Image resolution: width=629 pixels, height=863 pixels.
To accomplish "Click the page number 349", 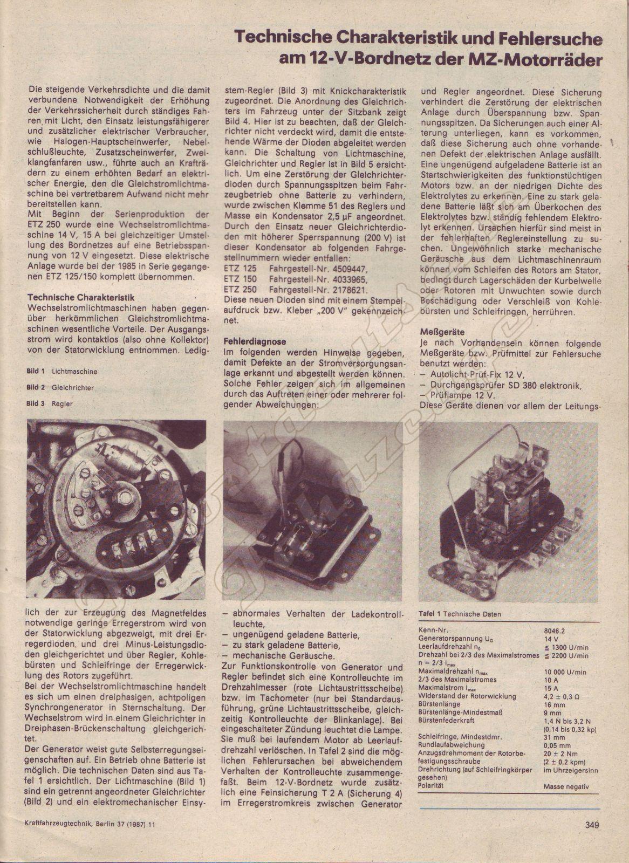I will coord(592,824).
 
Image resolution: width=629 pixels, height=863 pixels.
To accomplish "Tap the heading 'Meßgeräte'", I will coord(442,333).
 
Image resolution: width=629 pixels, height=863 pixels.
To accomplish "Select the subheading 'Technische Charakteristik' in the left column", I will coord(81,297).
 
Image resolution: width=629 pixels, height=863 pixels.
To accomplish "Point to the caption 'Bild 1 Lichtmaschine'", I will coord(62,372).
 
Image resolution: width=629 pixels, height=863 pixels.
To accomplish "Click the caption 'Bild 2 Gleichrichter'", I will coord(60,387).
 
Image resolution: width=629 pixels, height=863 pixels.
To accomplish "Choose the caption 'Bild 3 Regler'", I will coord(50,403).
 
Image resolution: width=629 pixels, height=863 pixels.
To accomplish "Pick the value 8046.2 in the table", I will coord(556,629).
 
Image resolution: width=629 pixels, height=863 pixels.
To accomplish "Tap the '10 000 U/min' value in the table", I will coord(565,672).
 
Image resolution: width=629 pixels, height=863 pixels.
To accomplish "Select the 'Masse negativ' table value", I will coord(566,787).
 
